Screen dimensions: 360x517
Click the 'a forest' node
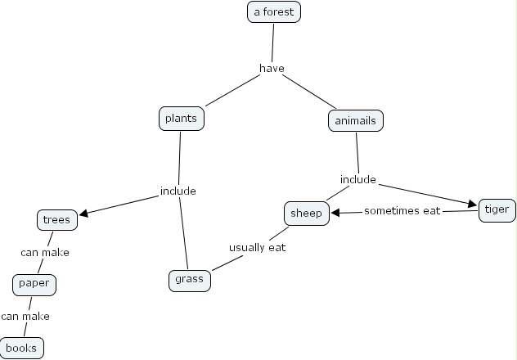(x=274, y=12)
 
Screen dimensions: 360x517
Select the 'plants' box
(x=181, y=119)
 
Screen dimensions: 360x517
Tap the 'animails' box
(x=356, y=121)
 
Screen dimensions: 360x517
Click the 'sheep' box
(x=307, y=214)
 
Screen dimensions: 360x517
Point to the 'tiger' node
(x=497, y=209)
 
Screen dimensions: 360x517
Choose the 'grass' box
(x=189, y=280)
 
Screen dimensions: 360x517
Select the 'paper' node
(x=34, y=284)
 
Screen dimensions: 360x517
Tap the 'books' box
(x=21, y=348)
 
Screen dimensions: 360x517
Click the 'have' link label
(x=272, y=68)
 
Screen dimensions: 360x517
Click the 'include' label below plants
(x=178, y=191)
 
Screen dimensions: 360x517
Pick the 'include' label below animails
(x=357, y=179)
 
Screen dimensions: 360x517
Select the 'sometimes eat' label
(x=402, y=211)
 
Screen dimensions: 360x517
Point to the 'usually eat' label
(x=257, y=247)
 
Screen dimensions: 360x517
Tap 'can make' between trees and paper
(x=45, y=252)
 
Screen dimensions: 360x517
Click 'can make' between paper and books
(x=25, y=316)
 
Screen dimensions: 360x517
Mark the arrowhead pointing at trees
(x=84, y=214)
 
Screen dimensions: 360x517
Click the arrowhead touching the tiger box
(x=473, y=204)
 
